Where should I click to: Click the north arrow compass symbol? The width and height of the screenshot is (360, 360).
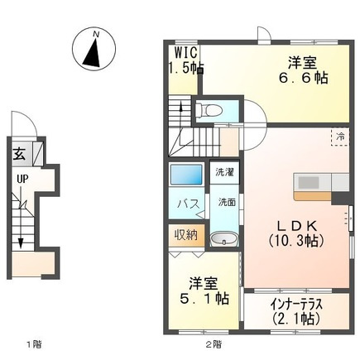[94, 50]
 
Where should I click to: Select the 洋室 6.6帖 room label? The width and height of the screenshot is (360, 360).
[303, 70]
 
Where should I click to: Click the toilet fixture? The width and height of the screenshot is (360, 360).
[209, 110]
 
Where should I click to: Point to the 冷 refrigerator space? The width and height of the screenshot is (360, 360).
[340, 137]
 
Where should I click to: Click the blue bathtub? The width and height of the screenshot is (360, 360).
[186, 175]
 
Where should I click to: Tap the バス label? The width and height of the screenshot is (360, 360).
[188, 204]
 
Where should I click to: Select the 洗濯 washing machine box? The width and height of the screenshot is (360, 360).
[224, 172]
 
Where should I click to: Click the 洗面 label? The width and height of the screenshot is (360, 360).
[227, 202]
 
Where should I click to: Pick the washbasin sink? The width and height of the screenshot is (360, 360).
[224, 239]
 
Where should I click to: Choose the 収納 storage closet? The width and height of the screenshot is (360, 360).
[186, 235]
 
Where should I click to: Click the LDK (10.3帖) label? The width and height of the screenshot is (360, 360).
[296, 233]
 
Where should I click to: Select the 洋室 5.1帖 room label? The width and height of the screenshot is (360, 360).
[204, 290]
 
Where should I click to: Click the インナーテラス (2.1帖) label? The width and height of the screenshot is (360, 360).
[296, 312]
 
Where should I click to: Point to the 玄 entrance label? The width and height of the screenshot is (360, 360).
[20, 154]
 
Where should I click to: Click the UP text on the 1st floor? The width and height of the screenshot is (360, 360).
[22, 179]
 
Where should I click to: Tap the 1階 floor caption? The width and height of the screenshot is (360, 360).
[34, 344]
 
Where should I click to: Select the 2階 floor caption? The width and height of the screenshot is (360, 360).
[214, 344]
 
